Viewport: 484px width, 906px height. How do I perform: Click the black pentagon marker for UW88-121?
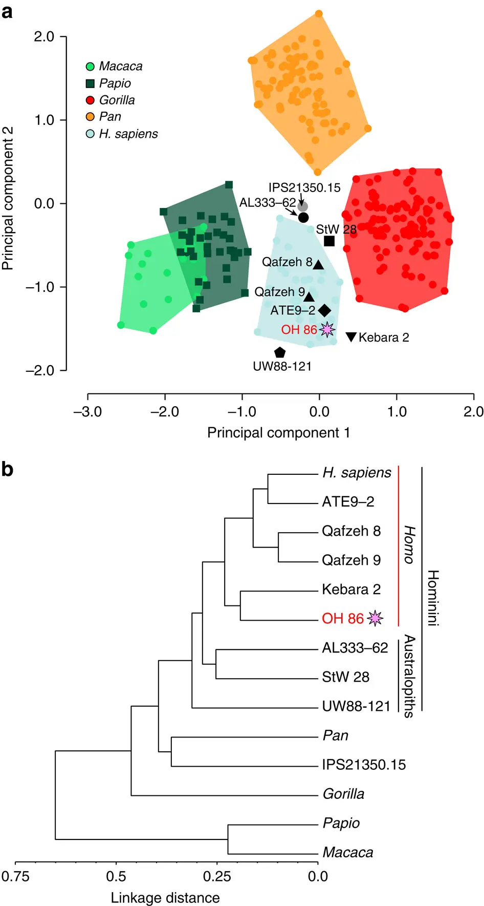pyautogui.click(x=279, y=352)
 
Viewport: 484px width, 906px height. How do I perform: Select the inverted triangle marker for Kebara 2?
pyautogui.click(x=351, y=336)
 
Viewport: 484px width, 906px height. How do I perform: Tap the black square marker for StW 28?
pyautogui.click(x=329, y=241)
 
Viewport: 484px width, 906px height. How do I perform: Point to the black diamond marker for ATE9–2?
pyautogui.click(x=324, y=310)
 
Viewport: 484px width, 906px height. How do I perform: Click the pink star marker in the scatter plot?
pyautogui.click(x=327, y=329)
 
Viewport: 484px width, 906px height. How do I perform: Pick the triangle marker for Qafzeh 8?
pyautogui.click(x=318, y=265)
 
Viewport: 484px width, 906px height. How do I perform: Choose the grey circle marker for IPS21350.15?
pyautogui.click(x=303, y=206)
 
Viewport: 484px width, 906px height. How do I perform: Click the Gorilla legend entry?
pyautogui.click(x=111, y=100)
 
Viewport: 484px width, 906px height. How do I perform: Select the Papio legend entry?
pyautogui.click(x=108, y=83)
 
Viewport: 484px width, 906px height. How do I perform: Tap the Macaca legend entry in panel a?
pyautogui.click(x=114, y=66)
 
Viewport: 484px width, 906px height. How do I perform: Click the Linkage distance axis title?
pyautogui.click(x=165, y=897)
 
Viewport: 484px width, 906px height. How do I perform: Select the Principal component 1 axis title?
pyautogui.click(x=279, y=433)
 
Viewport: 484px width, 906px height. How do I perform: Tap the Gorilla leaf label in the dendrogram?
pyautogui.click(x=343, y=794)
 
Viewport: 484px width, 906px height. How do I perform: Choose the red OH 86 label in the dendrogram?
pyautogui.click(x=342, y=618)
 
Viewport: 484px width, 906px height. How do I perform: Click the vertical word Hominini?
pyautogui.click(x=433, y=598)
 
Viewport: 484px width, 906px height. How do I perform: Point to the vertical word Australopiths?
pyautogui.click(x=409, y=676)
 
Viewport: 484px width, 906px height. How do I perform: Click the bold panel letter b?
pyautogui.click(x=7, y=469)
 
